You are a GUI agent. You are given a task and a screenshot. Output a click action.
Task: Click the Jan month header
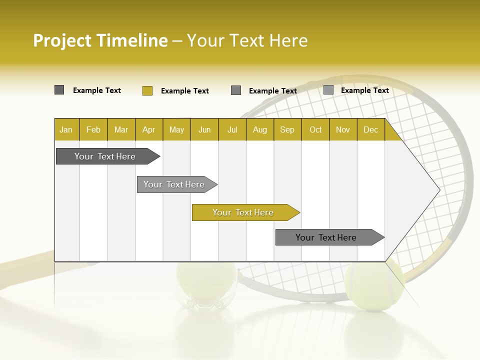point(66,129)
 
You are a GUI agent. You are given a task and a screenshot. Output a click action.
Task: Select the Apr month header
point(148,129)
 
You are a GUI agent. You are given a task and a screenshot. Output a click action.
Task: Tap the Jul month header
point(232,129)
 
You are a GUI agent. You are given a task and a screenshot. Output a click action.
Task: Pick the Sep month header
point(287,129)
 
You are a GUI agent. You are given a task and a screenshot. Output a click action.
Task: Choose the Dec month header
point(370,129)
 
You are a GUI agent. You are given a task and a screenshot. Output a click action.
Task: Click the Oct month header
point(315,129)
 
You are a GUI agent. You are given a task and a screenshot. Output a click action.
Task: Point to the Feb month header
point(93,129)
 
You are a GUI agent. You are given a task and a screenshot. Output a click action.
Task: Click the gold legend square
point(147,90)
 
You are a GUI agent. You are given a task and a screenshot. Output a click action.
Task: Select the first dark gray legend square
point(59,90)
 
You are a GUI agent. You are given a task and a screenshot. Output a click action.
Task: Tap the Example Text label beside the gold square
point(185,91)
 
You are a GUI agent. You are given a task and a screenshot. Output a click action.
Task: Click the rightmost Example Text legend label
point(365,90)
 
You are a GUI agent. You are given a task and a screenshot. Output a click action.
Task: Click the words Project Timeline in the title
point(100,40)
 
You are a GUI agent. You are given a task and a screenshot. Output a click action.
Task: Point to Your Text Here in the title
point(247,40)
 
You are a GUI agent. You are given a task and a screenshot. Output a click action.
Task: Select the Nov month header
point(343,129)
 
